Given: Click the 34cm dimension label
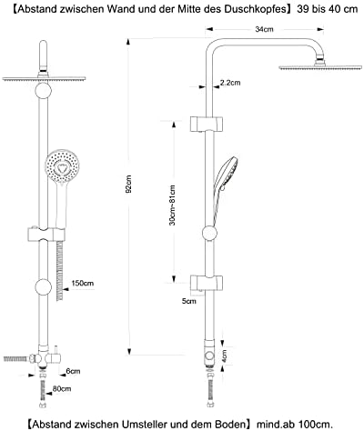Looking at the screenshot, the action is tap(264, 29).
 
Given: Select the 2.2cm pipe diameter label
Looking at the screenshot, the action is tap(230, 83).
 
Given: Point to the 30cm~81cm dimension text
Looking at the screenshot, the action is tap(172, 205).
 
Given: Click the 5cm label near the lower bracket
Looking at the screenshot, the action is tap(188, 301).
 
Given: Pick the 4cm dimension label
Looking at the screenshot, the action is tap(224, 357).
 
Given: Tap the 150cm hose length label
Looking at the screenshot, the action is tap(83, 284).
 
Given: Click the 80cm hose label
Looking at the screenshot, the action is tap(62, 388).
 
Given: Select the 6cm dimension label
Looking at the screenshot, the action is tap(73, 371).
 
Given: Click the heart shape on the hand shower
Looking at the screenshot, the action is tap(62, 167).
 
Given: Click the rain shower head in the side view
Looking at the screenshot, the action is tap(320, 66).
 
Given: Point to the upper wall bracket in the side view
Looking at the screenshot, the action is tap(207, 125).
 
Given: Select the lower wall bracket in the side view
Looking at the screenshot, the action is tap(207, 282).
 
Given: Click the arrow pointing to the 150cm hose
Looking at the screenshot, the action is tap(66, 289).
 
